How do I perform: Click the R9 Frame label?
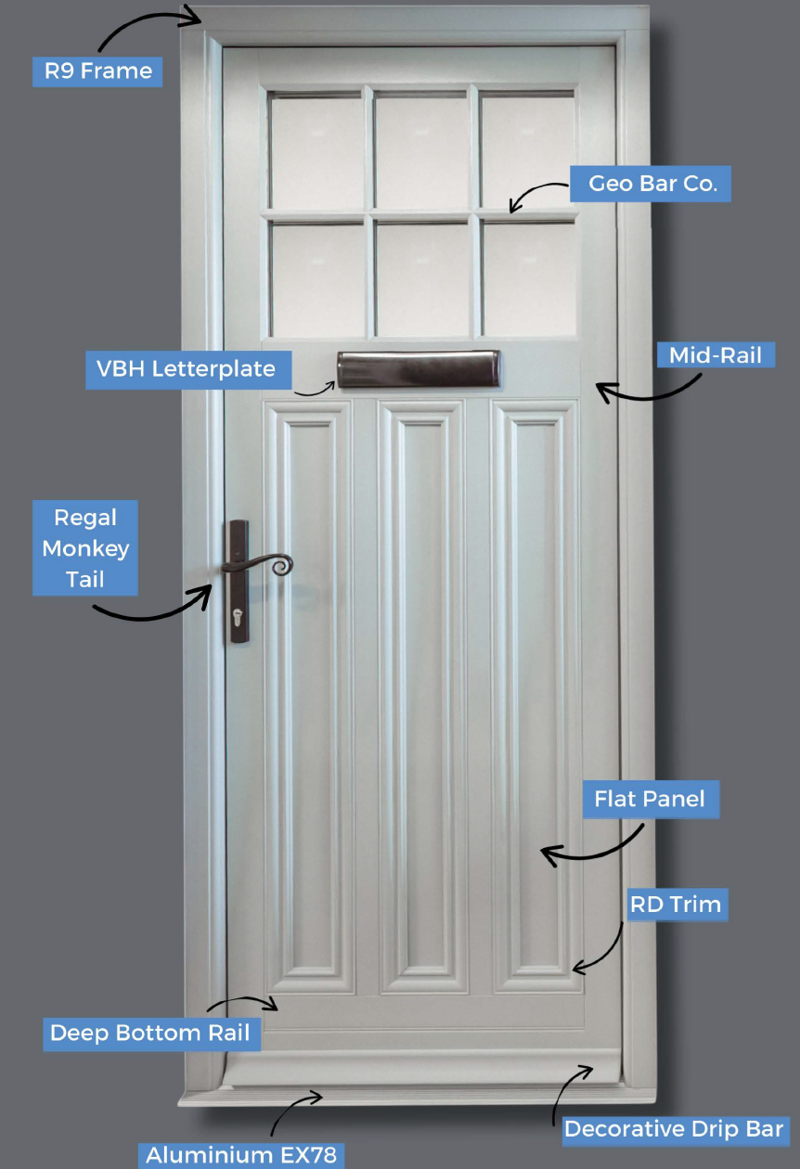tap(97, 71)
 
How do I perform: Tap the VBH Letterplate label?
tap(187, 368)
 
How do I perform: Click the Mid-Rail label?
tap(716, 353)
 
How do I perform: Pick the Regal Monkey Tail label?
tap(84, 547)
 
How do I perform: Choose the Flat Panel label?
tap(650, 799)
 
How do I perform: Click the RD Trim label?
tap(675, 904)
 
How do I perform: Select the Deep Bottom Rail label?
tap(149, 1034)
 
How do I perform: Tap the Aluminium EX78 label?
tap(240, 1155)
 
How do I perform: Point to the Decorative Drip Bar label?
tap(676, 1129)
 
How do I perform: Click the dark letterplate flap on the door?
tap(419, 369)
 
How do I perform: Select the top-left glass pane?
tap(316, 151)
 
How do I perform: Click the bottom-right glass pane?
tap(528, 278)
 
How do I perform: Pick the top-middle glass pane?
tap(421, 151)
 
